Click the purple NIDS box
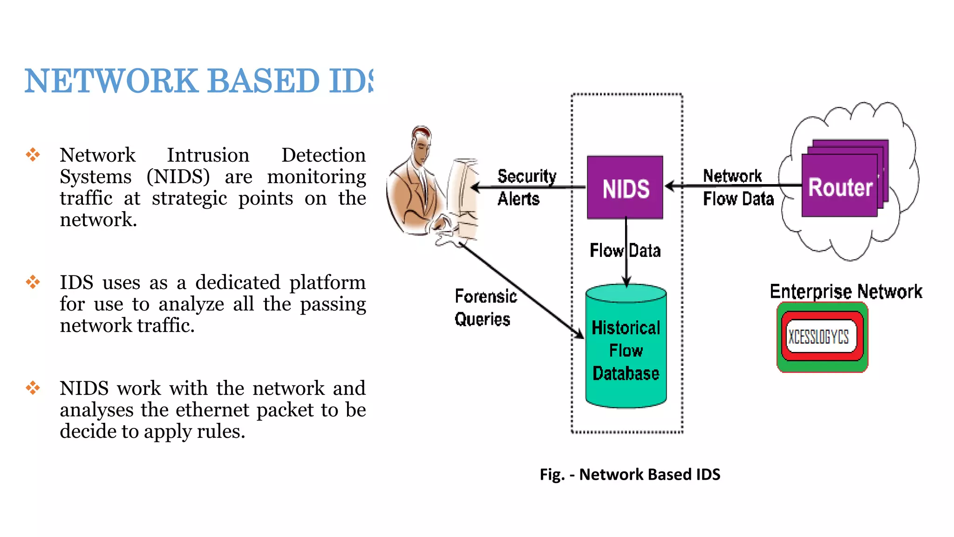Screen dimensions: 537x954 click(x=625, y=187)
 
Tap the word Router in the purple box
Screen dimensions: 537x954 click(x=840, y=187)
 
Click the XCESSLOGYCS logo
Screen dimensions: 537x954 click(x=822, y=337)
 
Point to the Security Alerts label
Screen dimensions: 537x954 click(x=526, y=187)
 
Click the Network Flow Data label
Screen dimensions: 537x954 click(x=737, y=187)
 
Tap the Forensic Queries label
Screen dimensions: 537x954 click(x=485, y=308)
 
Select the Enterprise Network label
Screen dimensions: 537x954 click(x=845, y=291)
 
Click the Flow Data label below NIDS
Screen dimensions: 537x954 click(x=625, y=250)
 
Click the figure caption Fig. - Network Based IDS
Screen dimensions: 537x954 click(x=630, y=474)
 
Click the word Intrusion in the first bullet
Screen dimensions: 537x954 click(x=208, y=155)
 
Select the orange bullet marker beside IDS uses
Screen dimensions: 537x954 click(x=33, y=282)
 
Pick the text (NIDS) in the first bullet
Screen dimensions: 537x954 click(x=178, y=177)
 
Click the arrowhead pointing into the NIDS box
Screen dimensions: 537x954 click(x=669, y=186)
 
